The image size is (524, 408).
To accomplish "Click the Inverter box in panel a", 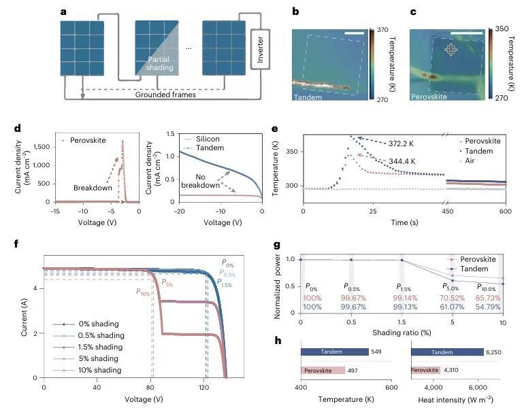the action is coord(260,50).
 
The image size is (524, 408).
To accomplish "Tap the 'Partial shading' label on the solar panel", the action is coord(159,63).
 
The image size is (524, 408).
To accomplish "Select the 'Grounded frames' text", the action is coord(165,95).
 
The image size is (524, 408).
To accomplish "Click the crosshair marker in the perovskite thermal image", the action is coord(451,50).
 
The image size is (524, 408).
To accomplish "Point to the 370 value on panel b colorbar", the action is coord(382,30).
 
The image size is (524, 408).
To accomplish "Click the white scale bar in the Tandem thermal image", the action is coord(354,33).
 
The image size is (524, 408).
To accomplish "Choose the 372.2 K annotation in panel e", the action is coord(401,144).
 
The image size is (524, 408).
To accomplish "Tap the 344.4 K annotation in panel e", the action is coord(402,162).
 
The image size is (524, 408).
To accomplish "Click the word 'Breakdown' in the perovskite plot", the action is coord(93,188).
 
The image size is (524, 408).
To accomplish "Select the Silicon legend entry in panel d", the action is coord(200,139).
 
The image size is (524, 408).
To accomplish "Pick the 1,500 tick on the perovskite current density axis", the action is coord(42,147).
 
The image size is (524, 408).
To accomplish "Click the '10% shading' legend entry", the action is coord(88,370).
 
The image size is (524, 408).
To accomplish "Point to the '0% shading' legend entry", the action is coord(86,324).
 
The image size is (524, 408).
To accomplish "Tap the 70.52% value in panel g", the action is coord(452,298).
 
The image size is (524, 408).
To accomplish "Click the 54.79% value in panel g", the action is coord(488,307).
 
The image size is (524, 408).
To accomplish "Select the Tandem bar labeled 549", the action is coord(335,352).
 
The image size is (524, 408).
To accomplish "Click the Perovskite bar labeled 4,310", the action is coord(425,370).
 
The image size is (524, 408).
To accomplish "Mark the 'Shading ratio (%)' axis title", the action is coord(402,333).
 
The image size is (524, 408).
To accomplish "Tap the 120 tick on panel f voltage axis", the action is coord(203,388).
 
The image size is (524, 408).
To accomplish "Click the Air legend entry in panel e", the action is coord(468,161).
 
